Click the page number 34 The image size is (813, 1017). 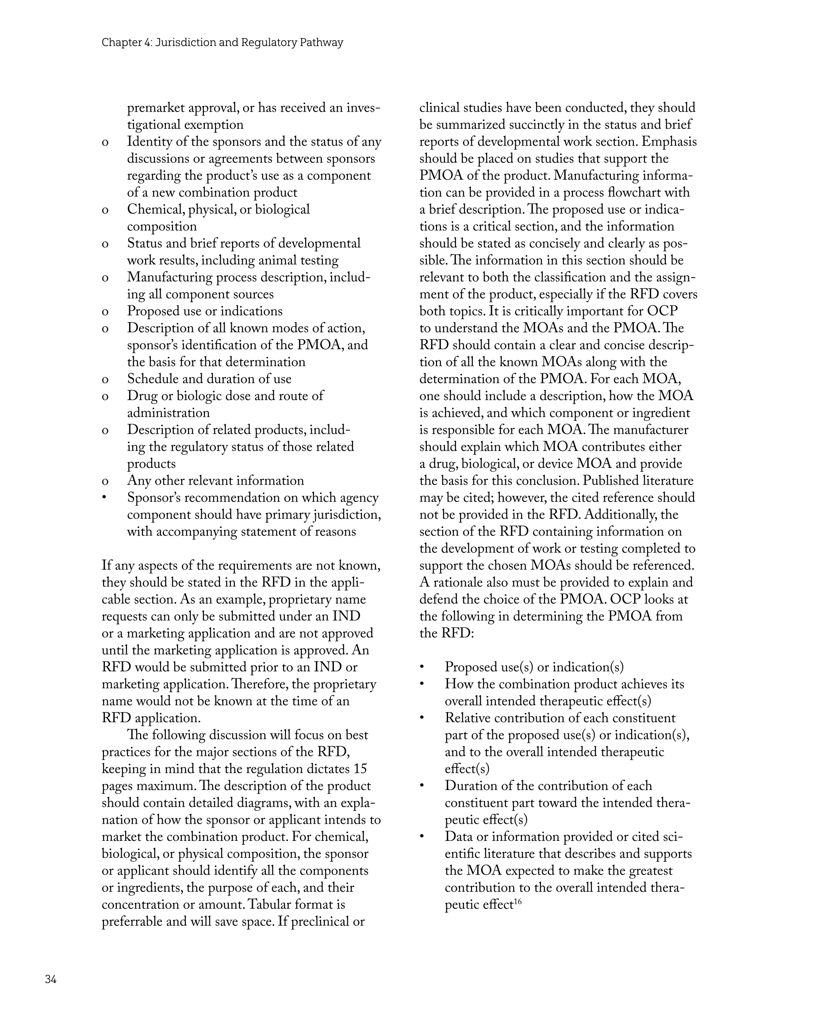[51, 979]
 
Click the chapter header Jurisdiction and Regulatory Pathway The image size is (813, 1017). [222, 42]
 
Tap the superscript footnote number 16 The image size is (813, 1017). [518, 901]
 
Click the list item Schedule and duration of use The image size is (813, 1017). [209, 379]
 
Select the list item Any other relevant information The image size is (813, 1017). [215, 481]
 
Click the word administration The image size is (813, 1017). [169, 413]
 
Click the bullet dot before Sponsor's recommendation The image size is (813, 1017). [105, 497]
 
